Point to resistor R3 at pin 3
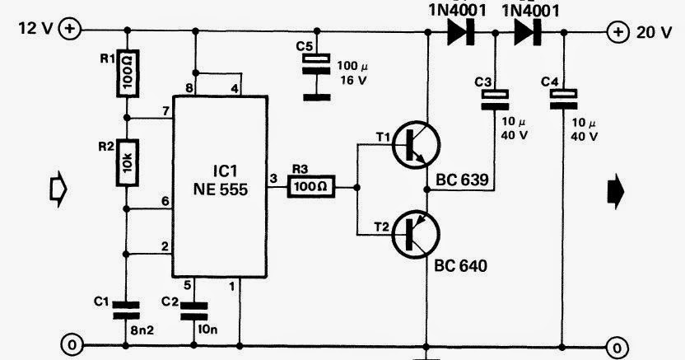click(311, 187)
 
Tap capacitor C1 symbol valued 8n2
click(125, 309)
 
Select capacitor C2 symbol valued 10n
click(196, 310)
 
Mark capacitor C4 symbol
click(563, 99)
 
